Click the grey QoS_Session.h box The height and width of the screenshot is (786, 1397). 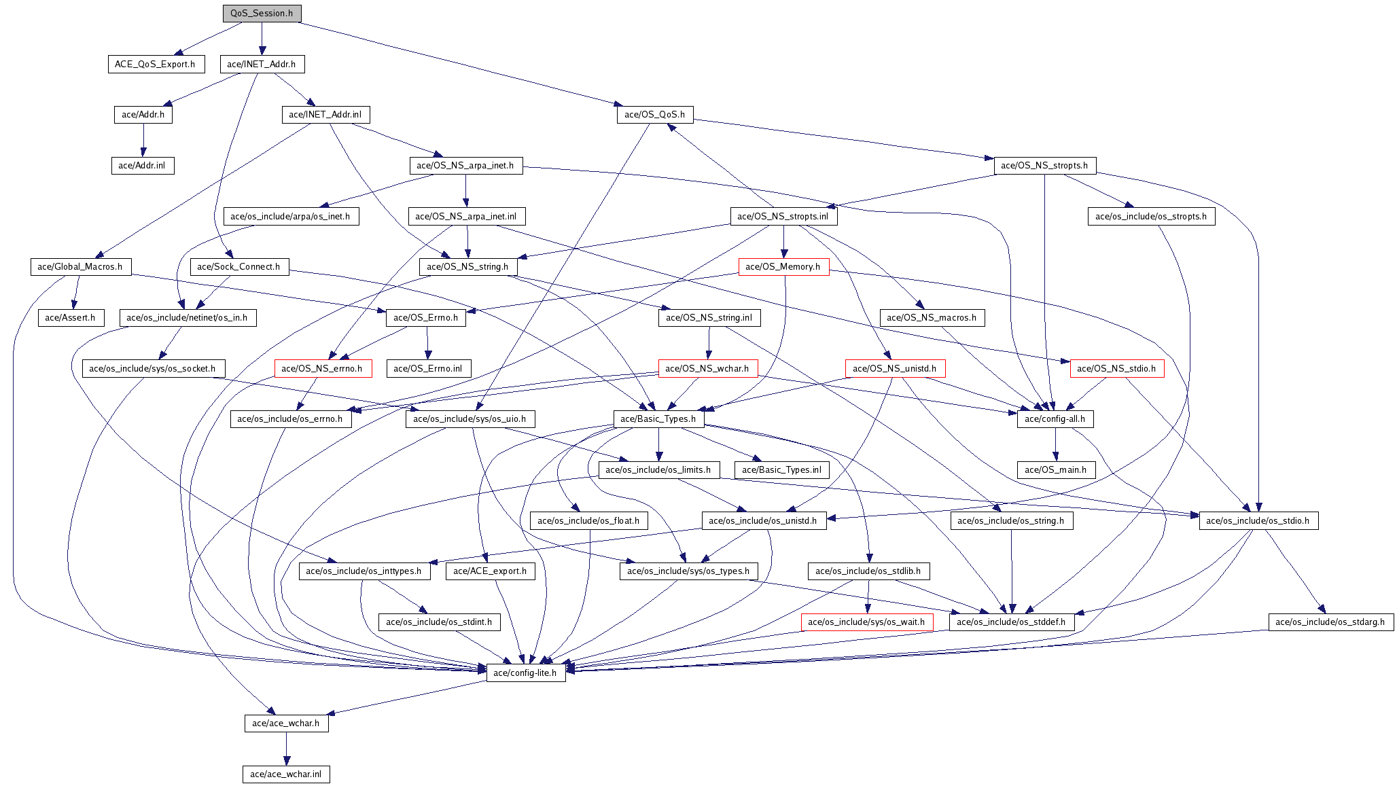click(x=262, y=14)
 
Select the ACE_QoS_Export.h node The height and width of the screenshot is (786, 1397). click(x=155, y=65)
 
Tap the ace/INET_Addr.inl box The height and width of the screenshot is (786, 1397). click(x=325, y=115)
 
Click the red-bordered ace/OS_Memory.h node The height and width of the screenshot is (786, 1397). click(x=783, y=267)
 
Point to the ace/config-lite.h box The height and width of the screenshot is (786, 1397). click(x=525, y=673)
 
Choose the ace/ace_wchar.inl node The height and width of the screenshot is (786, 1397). click(x=285, y=774)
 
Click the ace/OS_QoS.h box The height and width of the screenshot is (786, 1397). click(x=654, y=115)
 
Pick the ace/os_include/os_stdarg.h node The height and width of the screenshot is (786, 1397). click(x=1330, y=622)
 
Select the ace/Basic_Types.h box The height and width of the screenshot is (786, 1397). click(x=658, y=419)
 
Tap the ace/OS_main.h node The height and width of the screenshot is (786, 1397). click(x=1055, y=470)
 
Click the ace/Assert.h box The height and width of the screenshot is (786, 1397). click(x=70, y=318)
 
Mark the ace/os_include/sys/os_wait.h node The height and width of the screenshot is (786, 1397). click(x=866, y=622)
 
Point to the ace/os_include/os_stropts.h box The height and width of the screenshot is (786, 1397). click(x=1151, y=217)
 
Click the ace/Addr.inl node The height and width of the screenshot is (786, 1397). click(x=142, y=166)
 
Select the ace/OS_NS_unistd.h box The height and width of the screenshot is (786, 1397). click(x=894, y=369)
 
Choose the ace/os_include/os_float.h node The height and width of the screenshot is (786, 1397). click(x=588, y=521)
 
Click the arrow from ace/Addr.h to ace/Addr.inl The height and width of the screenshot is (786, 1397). click(x=143, y=140)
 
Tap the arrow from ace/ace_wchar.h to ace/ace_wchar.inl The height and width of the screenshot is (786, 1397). click(x=286, y=749)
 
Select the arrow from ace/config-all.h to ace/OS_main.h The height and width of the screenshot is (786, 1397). click(x=1055, y=444)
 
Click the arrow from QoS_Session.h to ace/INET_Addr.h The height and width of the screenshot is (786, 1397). click(x=262, y=39)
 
